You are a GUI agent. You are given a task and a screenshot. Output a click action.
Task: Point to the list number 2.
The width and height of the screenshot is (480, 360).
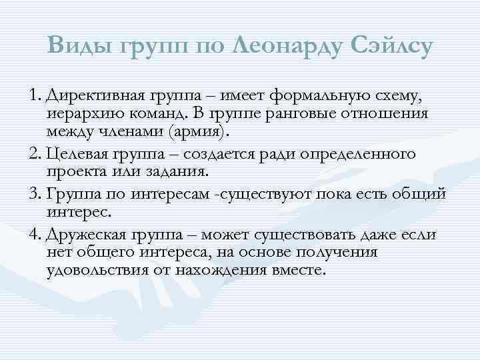click(34, 155)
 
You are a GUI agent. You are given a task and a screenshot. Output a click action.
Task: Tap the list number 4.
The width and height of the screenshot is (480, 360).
click(34, 234)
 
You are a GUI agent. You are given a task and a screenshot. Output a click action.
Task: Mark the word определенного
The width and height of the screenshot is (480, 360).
click(359, 155)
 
